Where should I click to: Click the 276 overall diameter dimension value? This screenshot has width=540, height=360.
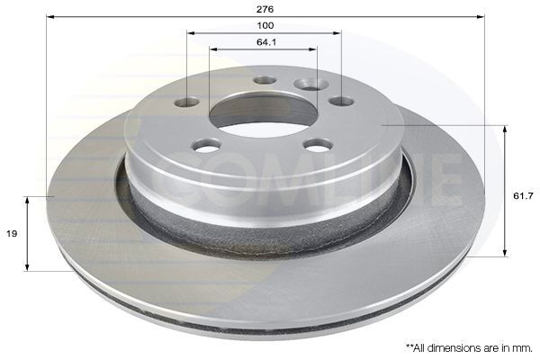[265, 8]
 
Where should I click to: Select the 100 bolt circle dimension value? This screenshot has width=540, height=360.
[265, 25]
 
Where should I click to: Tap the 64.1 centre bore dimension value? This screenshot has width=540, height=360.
[265, 41]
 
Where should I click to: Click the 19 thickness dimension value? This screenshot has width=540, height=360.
[12, 232]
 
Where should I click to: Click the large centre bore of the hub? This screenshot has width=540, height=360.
[253, 111]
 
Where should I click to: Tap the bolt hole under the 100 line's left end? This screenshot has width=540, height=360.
[186, 102]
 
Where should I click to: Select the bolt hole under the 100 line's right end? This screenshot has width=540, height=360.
[341, 101]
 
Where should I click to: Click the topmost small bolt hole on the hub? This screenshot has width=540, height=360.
[265, 80]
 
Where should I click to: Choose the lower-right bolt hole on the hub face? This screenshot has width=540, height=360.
[318, 144]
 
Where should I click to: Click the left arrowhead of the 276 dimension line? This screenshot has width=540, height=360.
[49, 16]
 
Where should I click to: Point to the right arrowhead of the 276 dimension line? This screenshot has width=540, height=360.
[481, 16]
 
